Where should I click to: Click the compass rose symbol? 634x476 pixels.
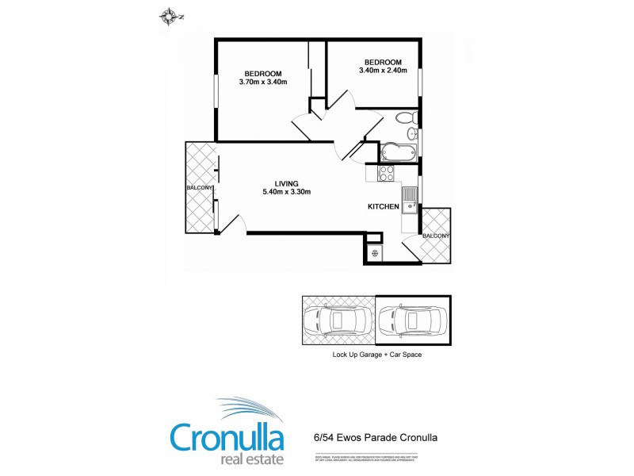(169, 15)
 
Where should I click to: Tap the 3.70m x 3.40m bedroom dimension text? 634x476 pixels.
(262, 81)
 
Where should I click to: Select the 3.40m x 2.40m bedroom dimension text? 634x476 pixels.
(383, 71)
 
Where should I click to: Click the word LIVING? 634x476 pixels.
(287, 183)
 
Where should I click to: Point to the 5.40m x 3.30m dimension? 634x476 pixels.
(287, 192)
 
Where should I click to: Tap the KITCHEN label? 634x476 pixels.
(384, 207)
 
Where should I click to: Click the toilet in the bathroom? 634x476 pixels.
(404, 120)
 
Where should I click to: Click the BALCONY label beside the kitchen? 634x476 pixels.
(436, 236)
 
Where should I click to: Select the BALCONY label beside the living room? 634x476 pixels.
(201, 187)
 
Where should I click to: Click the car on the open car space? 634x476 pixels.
(337, 321)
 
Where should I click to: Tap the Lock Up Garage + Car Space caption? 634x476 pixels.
(377, 355)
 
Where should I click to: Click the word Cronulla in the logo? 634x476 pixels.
(227, 437)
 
